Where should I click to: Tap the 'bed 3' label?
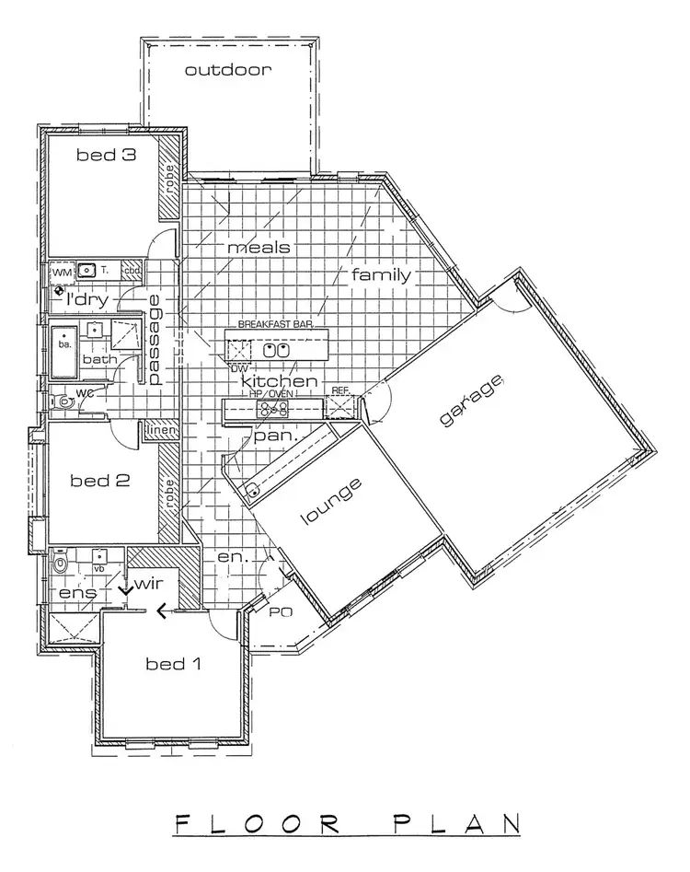[x=106, y=156]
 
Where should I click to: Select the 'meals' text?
[x=259, y=248]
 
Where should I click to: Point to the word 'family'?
[x=380, y=274]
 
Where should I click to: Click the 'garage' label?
[x=473, y=401]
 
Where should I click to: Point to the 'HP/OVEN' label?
[x=273, y=394]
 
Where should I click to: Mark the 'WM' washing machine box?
[x=62, y=272]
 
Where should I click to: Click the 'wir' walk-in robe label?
[x=150, y=584]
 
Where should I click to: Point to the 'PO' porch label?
[x=275, y=610]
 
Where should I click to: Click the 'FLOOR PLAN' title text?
[x=344, y=822]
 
